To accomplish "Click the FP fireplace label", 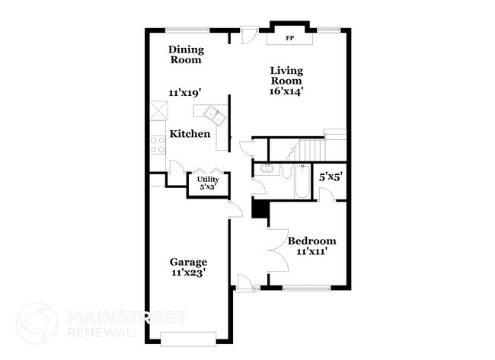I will (x=289, y=38).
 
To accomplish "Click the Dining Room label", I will (x=186, y=55).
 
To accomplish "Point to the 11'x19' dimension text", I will (x=184, y=93).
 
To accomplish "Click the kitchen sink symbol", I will (x=211, y=115).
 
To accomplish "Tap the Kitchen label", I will (x=190, y=134).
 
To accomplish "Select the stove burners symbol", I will (x=158, y=143).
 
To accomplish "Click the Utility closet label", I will (x=208, y=180).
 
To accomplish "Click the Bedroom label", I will (x=311, y=241).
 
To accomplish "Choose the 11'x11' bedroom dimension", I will (x=311, y=252).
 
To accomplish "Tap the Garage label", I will (x=188, y=262).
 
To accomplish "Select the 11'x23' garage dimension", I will (x=188, y=272).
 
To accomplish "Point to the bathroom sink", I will (x=267, y=168).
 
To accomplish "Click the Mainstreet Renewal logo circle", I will (x=37, y=323).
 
